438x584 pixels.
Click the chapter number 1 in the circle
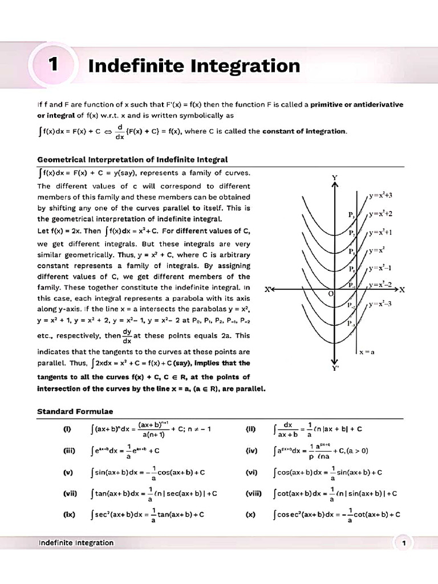[52, 65]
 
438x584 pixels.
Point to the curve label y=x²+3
[380, 195]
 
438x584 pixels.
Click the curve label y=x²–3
[380, 304]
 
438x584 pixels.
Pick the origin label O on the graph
[330, 293]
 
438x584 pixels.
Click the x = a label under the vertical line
[366, 352]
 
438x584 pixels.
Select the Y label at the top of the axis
[335, 177]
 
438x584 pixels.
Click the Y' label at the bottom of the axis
[336, 368]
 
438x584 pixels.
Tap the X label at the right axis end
[401, 290]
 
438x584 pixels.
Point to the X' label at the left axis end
[269, 290]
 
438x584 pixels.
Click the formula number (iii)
[70, 451]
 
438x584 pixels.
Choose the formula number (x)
[250, 514]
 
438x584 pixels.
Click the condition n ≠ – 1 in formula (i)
[196, 429]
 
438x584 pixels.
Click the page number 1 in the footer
[403, 544]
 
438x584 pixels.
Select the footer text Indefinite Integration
[76, 542]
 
